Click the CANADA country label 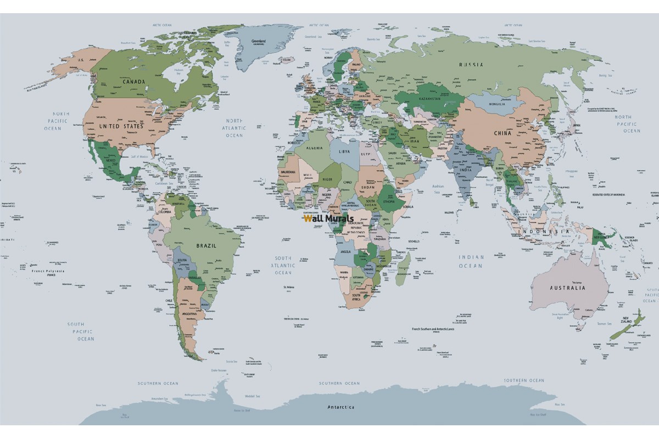pyautogui.click(x=134, y=82)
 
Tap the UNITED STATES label pyautogui.click(x=121, y=126)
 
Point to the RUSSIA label pyautogui.click(x=471, y=64)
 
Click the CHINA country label pyautogui.click(x=502, y=133)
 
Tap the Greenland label pyautogui.click(x=258, y=41)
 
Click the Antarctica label pyautogui.click(x=340, y=407)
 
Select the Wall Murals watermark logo pyautogui.click(x=328, y=218)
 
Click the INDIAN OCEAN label pyautogui.click(x=472, y=261)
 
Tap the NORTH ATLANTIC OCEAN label pyautogui.click(x=235, y=128)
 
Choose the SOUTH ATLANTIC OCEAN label pyautogui.click(x=283, y=265)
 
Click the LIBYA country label pyautogui.click(x=344, y=151)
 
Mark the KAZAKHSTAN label pyautogui.click(x=432, y=98)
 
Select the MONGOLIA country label pyautogui.click(x=497, y=104)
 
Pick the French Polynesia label pyautogui.click(x=48, y=271)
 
